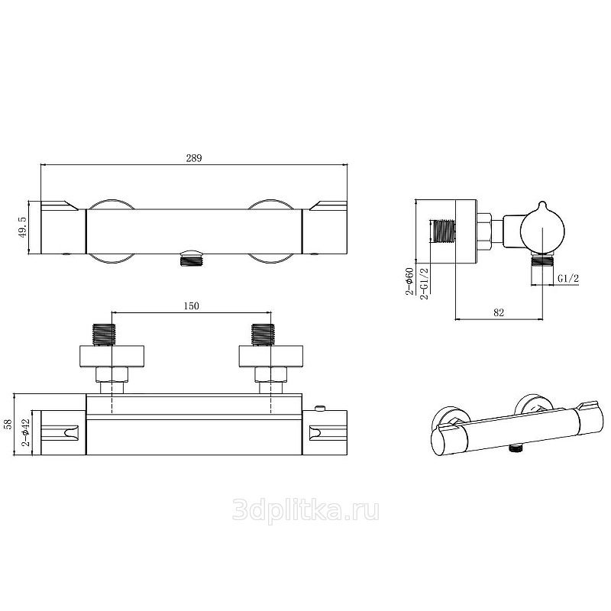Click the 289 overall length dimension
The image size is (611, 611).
[x=194, y=158]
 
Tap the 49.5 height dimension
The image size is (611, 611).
[x=23, y=228]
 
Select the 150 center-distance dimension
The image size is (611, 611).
[x=191, y=306]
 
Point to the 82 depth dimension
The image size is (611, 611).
[x=499, y=312]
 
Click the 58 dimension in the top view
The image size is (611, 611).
[x=8, y=425]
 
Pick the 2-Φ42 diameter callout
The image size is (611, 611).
[x=26, y=432]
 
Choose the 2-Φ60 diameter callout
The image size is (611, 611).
[x=409, y=281]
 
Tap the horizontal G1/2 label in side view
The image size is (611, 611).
[x=568, y=278]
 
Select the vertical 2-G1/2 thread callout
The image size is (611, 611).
[x=424, y=283]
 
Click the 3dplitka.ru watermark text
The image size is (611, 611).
[x=305, y=510]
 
